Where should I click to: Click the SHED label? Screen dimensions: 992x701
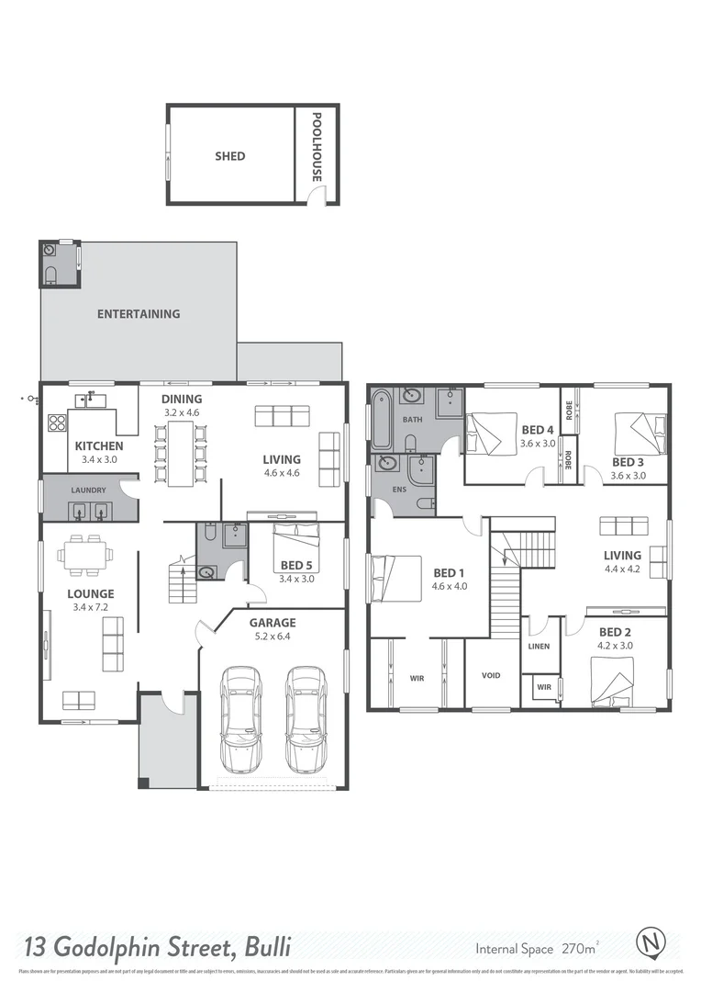click(229, 156)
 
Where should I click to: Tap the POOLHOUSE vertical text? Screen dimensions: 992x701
click(316, 147)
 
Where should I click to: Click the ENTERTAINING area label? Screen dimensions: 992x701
click(139, 314)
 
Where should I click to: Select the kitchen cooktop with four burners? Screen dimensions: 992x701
click(57, 423)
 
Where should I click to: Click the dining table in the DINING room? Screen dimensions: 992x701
click(181, 453)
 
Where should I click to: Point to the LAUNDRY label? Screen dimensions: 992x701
click(89, 490)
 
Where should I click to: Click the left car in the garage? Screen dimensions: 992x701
click(241, 719)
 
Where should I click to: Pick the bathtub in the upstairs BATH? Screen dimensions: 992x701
click(381, 421)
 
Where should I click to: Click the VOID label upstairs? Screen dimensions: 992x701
click(491, 676)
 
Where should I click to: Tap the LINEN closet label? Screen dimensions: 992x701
click(539, 647)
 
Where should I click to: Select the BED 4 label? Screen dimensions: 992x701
click(538, 430)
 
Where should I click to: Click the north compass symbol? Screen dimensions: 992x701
click(651, 943)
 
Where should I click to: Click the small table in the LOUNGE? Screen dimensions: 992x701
click(84, 554)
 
